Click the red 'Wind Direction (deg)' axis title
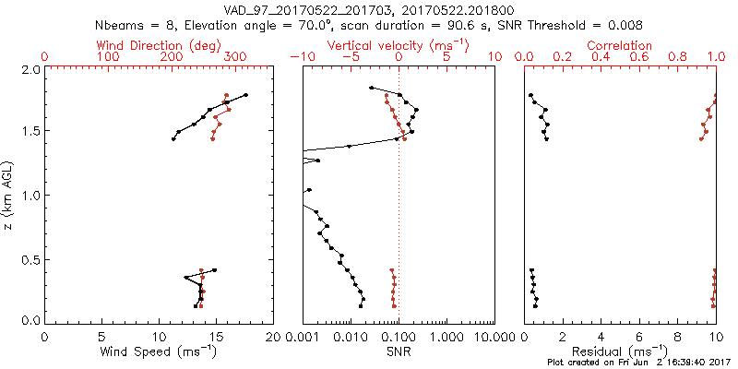(x=159, y=45)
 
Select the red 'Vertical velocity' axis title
(x=398, y=45)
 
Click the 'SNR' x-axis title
(x=399, y=351)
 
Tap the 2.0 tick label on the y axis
(x=30, y=69)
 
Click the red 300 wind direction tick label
(x=235, y=58)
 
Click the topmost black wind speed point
(x=246, y=95)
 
